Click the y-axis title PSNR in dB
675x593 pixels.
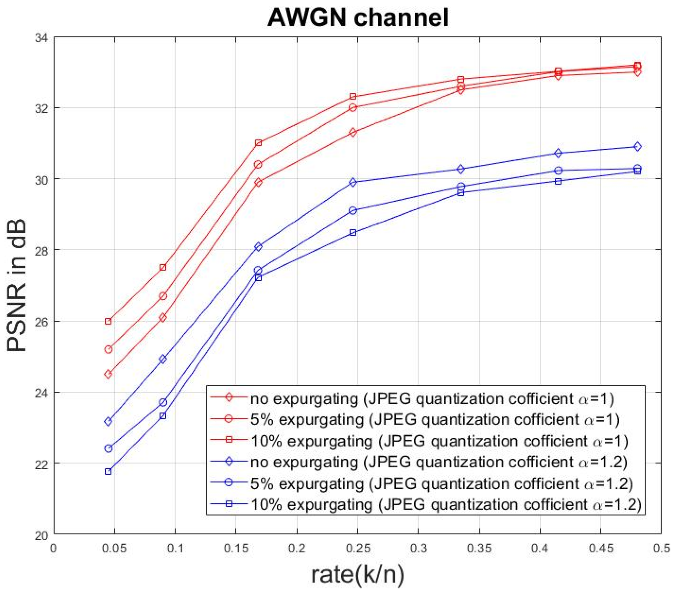(x=16, y=286)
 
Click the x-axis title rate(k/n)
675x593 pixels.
(x=357, y=574)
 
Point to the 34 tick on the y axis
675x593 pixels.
(x=41, y=38)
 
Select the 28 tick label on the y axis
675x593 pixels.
(x=41, y=250)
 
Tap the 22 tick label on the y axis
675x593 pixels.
(x=41, y=463)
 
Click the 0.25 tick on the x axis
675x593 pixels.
(x=358, y=549)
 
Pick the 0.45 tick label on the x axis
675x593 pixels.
(x=601, y=549)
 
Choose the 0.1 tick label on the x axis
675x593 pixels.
(x=175, y=549)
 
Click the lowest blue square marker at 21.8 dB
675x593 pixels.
(x=108, y=472)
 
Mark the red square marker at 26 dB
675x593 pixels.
(x=108, y=321)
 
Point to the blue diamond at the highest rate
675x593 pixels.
(x=638, y=147)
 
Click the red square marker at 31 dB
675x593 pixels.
(x=258, y=143)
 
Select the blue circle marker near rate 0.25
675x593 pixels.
(x=353, y=210)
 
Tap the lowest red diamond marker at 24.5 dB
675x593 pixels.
(x=108, y=374)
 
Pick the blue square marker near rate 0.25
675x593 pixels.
(x=353, y=233)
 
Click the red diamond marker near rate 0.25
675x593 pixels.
(x=353, y=132)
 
